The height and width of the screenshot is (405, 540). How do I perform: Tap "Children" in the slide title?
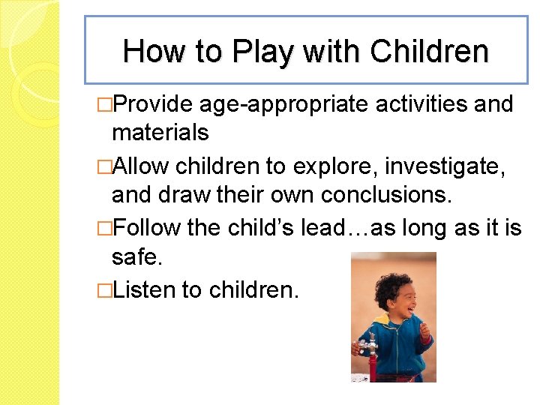[x=430, y=52]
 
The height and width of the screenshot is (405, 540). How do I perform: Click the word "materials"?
[x=160, y=133]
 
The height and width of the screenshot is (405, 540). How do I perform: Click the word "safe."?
[x=136, y=256]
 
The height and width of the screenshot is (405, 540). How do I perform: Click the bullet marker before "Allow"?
[x=105, y=164]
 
